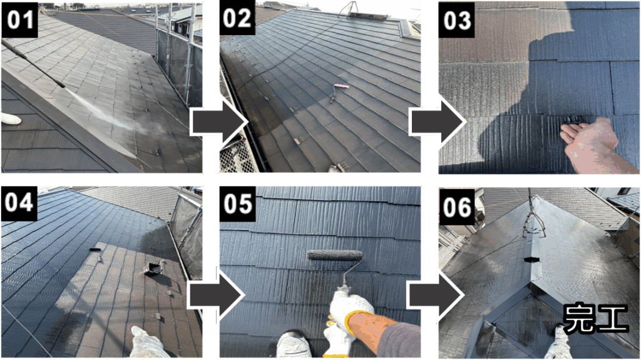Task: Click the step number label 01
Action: pos(19,19)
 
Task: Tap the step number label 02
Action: pos(237,18)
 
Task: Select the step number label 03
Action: pos(457,20)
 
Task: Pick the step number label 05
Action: pos(237,203)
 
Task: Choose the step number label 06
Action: pos(457,207)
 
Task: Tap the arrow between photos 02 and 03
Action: pos(438,122)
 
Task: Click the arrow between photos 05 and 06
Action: pos(436,295)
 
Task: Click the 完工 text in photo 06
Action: pos(595,318)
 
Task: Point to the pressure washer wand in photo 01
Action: pos(33,63)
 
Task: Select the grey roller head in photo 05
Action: pos(335,255)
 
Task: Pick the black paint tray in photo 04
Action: pos(153,269)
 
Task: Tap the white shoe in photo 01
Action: pos(11,118)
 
